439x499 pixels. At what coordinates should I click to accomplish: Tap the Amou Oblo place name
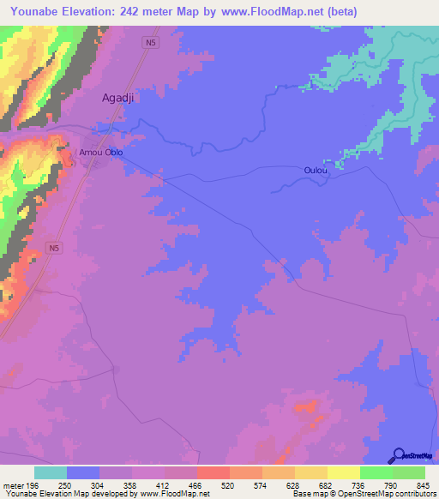pos(101,153)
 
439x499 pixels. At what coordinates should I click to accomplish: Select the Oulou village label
pos(316,171)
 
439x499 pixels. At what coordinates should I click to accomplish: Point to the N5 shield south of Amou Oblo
pos(55,248)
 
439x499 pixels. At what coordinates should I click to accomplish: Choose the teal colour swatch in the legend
pos(51,472)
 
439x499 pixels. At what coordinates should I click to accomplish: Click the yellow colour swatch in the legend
pos(343,472)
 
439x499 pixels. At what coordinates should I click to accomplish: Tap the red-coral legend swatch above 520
pos(213,472)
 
